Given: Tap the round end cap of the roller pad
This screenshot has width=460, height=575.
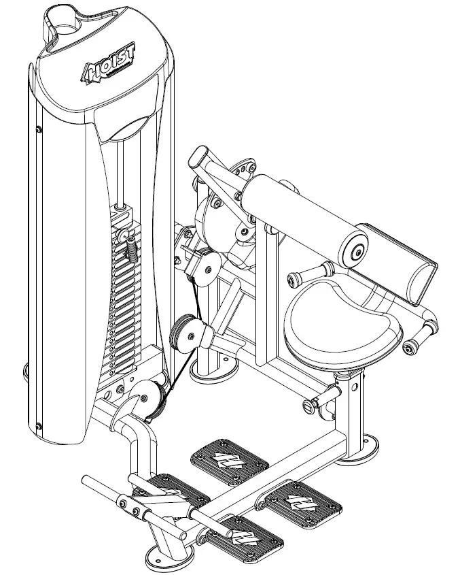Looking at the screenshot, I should [x=355, y=252].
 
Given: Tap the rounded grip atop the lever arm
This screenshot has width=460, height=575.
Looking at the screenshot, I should [x=201, y=161].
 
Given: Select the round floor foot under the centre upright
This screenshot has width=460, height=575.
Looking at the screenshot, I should [x=211, y=368].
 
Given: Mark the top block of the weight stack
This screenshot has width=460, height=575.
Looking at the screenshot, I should [x=126, y=218].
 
